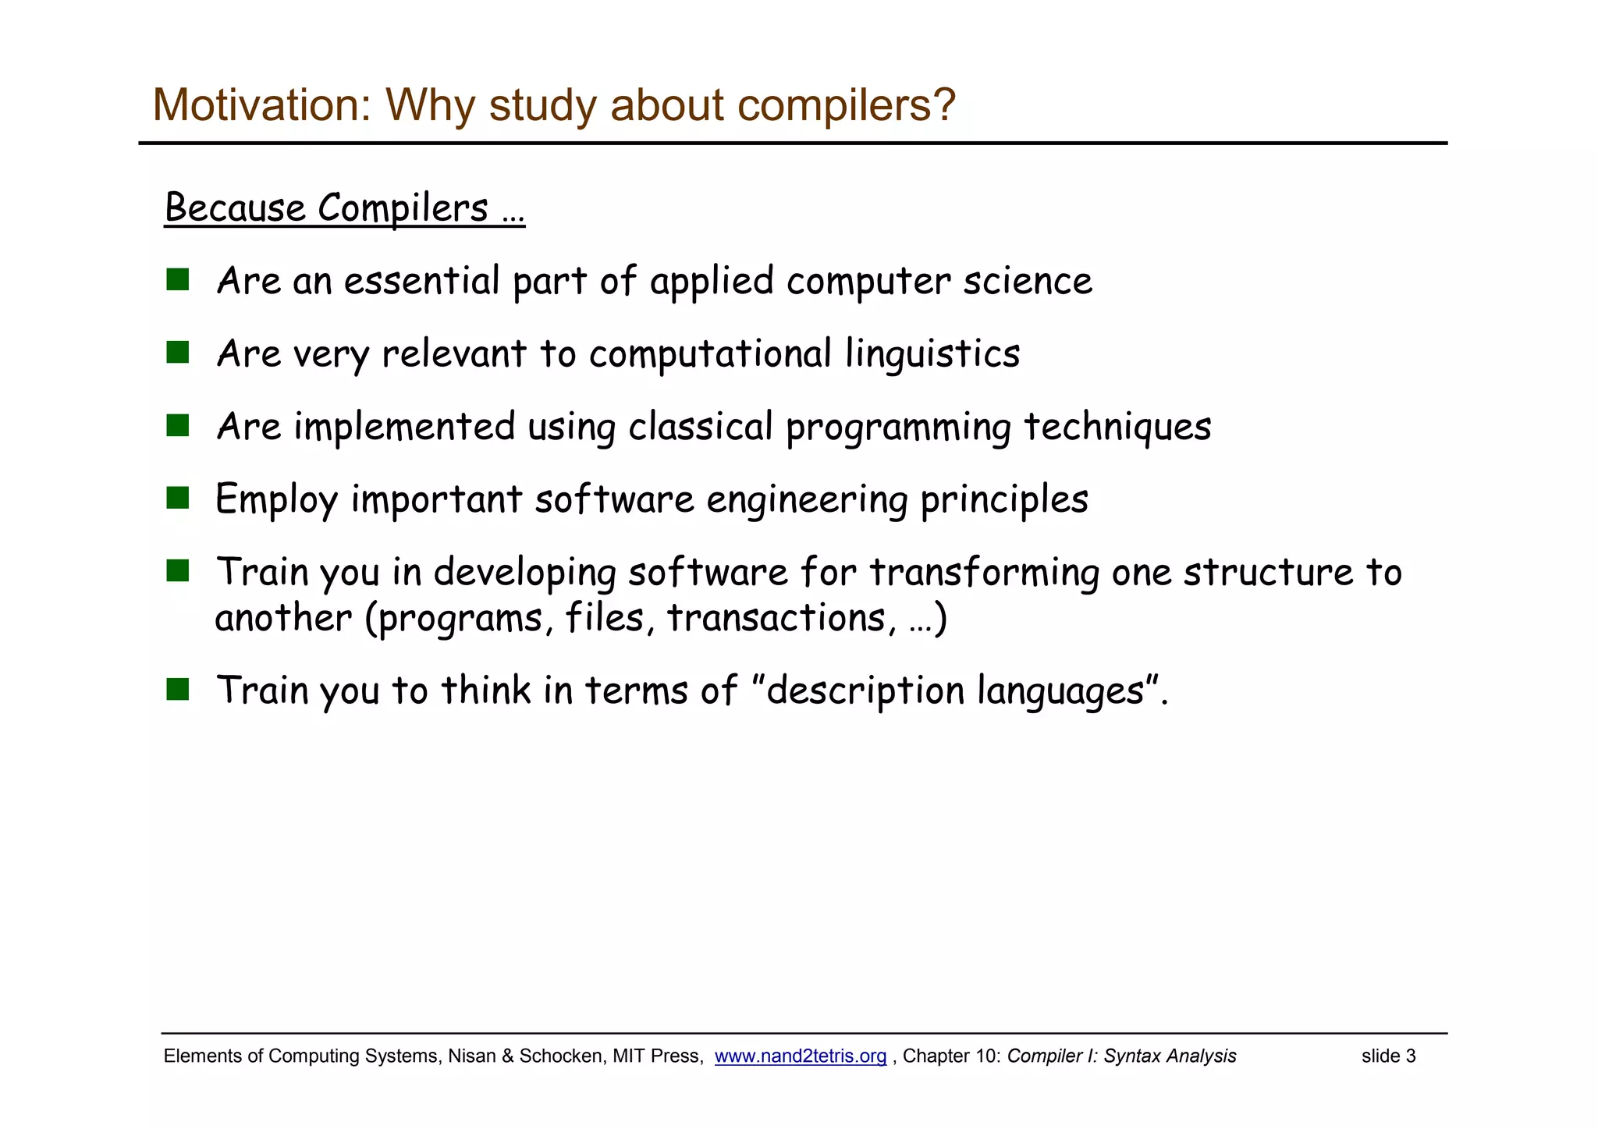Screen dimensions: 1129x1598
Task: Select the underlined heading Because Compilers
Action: [x=344, y=208]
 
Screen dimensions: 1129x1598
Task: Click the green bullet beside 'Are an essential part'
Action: [x=178, y=280]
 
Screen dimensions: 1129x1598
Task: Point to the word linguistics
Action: [x=932, y=354]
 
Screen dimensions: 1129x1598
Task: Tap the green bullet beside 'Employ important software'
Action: [x=178, y=498]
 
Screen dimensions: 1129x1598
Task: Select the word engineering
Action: [x=807, y=500]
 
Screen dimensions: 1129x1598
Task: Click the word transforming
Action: [x=984, y=572]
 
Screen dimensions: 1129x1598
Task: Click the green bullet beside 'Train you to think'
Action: [x=178, y=689]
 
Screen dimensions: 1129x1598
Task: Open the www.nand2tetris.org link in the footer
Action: [x=800, y=1056]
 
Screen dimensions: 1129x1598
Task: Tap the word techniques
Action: [x=1117, y=427]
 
